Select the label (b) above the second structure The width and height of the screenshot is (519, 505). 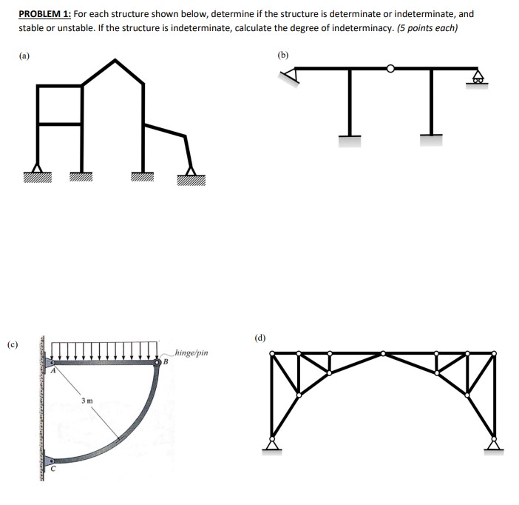coord(284,54)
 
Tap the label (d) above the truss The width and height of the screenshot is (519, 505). coord(261,338)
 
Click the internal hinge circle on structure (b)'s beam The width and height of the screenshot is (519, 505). coord(390,69)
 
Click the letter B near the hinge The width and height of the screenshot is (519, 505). coord(166,363)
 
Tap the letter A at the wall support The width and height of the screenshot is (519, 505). coord(53,372)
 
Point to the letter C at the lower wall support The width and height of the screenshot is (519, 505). coord(53,468)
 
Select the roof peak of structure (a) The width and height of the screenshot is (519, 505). coord(113,61)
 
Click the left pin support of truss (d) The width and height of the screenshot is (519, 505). coord(274,443)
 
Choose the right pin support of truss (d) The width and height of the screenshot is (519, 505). coord(494,443)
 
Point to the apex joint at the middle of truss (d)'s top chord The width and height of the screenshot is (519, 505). coord(383,354)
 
